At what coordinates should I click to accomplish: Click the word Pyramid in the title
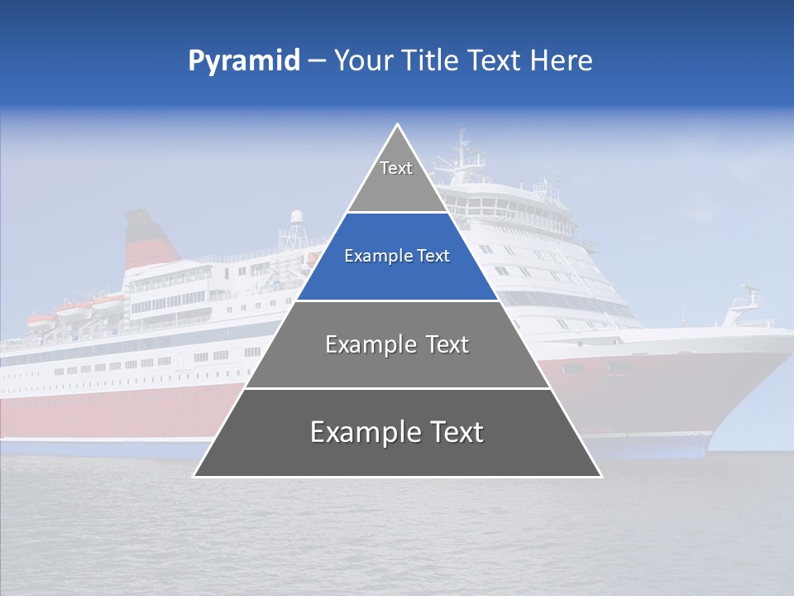[x=243, y=61]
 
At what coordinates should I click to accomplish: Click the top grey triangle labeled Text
[x=397, y=178]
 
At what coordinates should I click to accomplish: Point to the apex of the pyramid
[x=398, y=126]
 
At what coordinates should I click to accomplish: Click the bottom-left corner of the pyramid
[x=195, y=476]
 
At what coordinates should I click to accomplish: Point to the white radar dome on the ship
[x=297, y=218]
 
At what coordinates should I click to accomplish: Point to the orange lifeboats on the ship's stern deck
[x=74, y=313]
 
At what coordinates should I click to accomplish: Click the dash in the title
[x=317, y=61]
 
